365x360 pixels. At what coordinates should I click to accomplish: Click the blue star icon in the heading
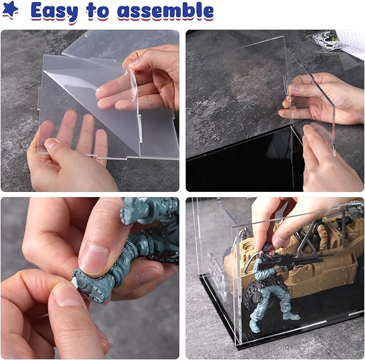click(10, 9)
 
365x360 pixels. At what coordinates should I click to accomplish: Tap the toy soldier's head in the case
click(268, 249)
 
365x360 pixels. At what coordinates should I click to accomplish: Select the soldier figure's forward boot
click(291, 316)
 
